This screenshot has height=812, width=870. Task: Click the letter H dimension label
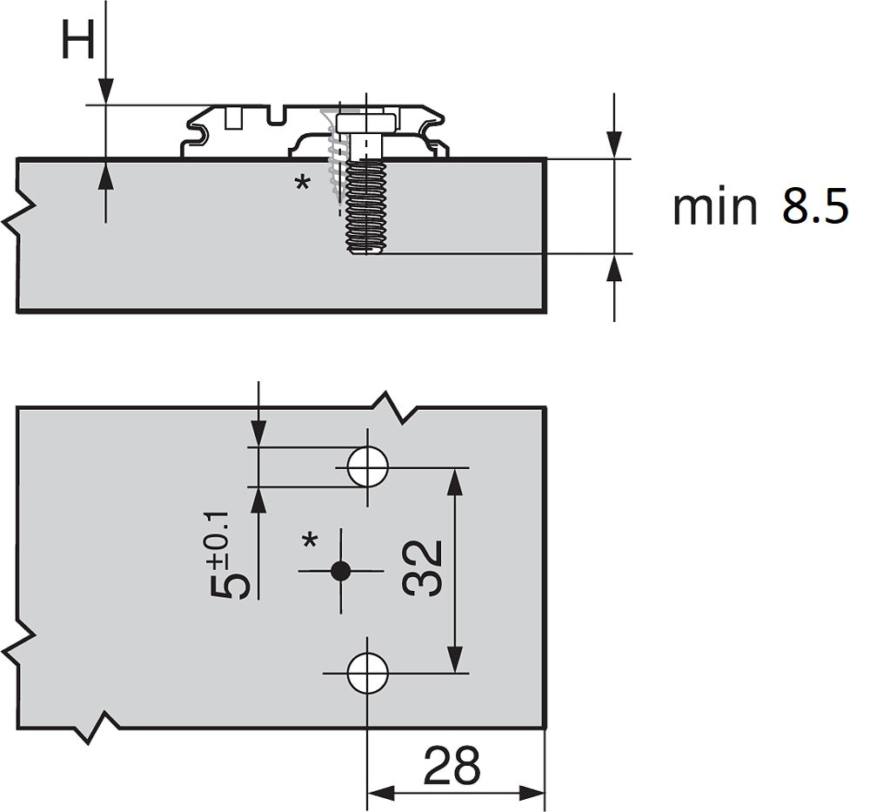77,41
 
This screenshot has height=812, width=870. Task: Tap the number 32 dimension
423,568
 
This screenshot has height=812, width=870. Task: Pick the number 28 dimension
451,765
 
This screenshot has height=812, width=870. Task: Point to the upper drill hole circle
367,466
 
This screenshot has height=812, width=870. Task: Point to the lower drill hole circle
367,674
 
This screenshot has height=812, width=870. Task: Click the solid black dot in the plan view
340,571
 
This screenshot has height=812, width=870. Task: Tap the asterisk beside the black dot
311,540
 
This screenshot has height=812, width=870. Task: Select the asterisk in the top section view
303,183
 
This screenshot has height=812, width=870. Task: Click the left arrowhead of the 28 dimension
381,793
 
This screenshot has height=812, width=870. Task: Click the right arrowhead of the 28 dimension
532,793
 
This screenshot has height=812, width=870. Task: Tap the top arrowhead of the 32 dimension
454,482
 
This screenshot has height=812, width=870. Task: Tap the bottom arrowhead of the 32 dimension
454,660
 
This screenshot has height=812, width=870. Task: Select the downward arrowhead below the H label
105,91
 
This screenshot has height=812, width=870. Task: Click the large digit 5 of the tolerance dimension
229,585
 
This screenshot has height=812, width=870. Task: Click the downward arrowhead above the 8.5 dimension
613,144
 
